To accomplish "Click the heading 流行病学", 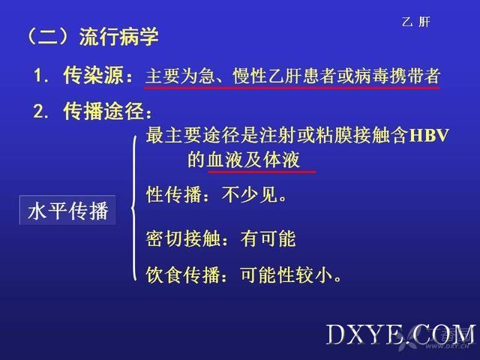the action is click(119, 37).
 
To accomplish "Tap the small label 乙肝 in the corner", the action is click(416, 22).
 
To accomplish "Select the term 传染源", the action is click(93, 75).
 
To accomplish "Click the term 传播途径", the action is click(103, 111).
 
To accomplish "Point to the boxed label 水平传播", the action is click(68, 211).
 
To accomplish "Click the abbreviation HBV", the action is click(429, 135).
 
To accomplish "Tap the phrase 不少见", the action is click(250, 194).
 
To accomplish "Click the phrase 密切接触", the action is click(183, 238).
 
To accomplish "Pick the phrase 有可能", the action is click(268, 238).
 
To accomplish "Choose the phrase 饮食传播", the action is click(183, 274).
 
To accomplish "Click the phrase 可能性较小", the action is click(286, 274).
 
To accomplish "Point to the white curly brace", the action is click(133, 208).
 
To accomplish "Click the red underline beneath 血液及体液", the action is click(262, 172).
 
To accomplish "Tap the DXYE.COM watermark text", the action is click(401, 335).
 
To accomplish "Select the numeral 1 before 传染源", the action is click(37, 75).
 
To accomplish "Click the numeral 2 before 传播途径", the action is click(38, 111).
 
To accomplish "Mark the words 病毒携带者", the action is click(397, 76).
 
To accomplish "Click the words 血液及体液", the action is click(253, 160).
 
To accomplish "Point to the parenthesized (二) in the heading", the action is click(47, 37).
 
